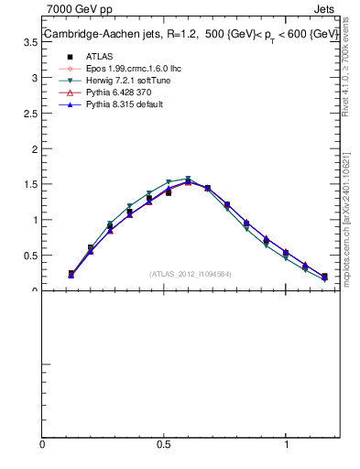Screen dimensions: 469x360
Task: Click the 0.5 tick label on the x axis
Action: pyautogui.click(x=164, y=444)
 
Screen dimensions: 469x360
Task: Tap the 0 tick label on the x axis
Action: pyautogui.click(x=42, y=444)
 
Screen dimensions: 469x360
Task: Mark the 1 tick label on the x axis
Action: pyautogui.click(x=287, y=444)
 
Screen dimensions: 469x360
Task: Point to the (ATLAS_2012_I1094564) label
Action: pyautogui.click(x=191, y=273)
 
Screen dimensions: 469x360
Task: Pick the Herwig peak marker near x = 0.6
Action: pyautogui.click(x=188, y=180)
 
